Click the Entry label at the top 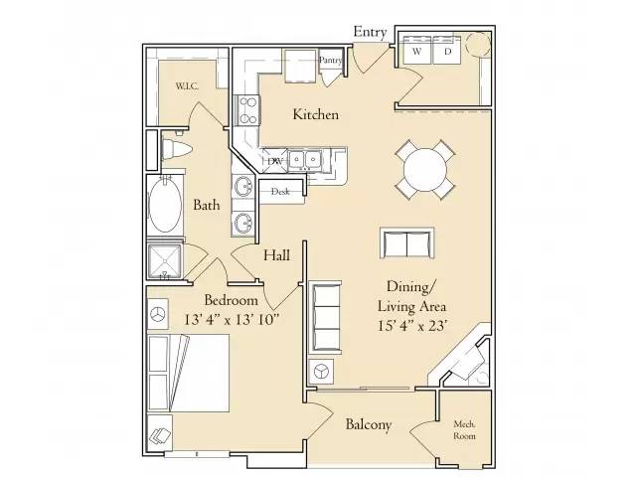[x=370, y=32]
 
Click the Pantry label [x=331, y=60]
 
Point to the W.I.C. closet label [x=187, y=86]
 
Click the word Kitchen [x=315, y=114]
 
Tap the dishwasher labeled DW [x=274, y=160]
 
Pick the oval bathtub [x=166, y=206]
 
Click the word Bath [x=207, y=206]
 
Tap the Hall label [x=276, y=255]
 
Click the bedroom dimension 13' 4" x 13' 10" [x=233, y=319]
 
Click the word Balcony [x=368, y=425]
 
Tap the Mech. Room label [x=463, y=428]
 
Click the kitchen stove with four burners [x=246, y=108]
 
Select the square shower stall [x=166, y=260]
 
